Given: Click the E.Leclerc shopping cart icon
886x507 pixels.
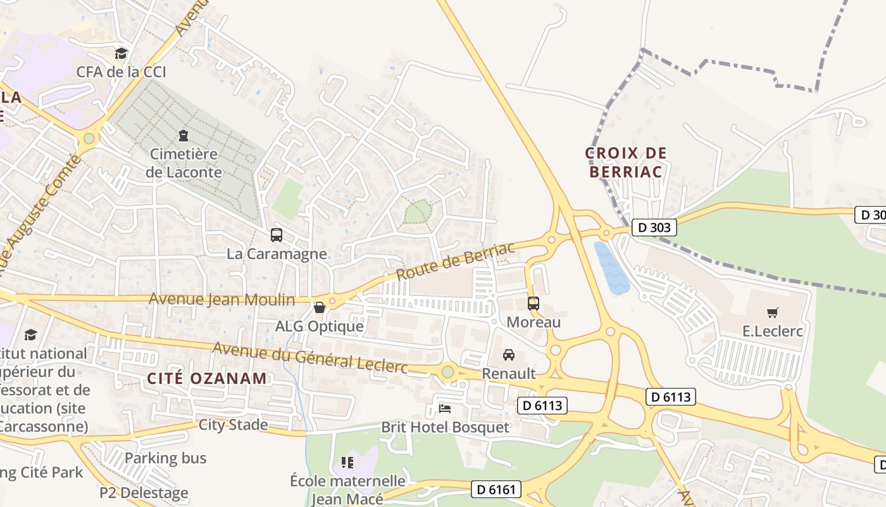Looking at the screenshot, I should point(772,312).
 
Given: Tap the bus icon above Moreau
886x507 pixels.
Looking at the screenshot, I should point(533,304).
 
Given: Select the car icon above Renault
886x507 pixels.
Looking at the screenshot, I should point(509,355).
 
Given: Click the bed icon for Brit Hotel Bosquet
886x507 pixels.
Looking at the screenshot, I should point(445,408).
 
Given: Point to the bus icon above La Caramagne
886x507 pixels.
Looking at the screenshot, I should point(277,235).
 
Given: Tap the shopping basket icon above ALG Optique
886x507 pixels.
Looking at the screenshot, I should point(320,307).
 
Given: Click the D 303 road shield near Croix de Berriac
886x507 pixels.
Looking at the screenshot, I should point(654,227).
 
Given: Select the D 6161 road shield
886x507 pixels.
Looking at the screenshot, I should point(497,489).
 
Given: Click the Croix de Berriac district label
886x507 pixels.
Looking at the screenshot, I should point(626,162).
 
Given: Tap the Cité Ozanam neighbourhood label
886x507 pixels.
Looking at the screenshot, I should point(207,378).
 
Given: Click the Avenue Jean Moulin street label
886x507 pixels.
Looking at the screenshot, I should point(222,299).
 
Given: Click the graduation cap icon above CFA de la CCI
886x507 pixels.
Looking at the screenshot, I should point(121,53).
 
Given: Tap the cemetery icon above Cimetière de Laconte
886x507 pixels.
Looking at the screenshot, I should point(184,135).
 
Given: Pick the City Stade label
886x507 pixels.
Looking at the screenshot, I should point(233,424).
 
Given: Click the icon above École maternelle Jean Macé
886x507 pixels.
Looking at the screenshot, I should point(347,462).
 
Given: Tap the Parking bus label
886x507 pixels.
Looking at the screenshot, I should point(165,458).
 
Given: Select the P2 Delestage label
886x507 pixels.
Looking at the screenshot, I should point(144,492).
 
